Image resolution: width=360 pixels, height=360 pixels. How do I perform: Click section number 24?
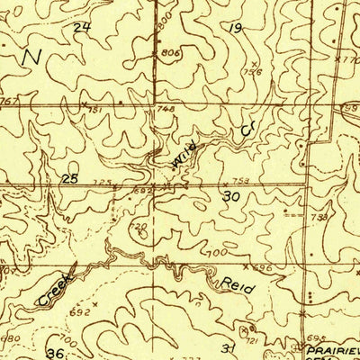click(x=83, y=27)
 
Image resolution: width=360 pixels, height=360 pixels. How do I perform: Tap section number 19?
click(x=237, y=29)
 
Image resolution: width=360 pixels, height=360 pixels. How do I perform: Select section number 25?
click(x=69, y=179)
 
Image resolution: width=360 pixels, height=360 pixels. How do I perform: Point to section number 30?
click(x=231, y=195)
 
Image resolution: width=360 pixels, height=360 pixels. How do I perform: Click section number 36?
click(x=56, y=353)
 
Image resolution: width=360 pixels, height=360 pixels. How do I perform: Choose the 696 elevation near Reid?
click(x=261, y=268)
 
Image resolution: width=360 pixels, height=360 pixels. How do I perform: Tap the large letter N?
click(x=32, y=57)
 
